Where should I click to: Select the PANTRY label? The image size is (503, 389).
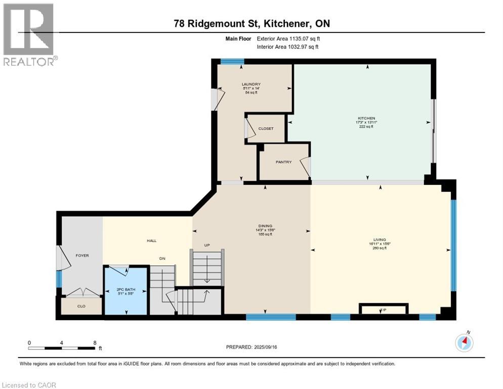pyautogui.click(x=283, y=162)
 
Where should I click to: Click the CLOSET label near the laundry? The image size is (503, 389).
pyautogui.click(x=266, y=129)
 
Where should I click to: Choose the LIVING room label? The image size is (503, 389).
pyautogui.click(x=380, y=240)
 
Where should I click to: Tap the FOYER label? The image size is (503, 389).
pyautogui.click(x=82, y=255)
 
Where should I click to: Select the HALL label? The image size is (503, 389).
pyautogui.click(x=151, y=241)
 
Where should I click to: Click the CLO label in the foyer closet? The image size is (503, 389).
pyautogui.click(x=81, y=306)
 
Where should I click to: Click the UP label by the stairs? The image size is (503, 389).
pyautogui.click(x=206, y=245)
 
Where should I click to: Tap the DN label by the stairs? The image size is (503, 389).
pyautogui.click(x=162, y=258)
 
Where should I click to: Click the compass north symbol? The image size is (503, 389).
pyautogui.click(x=464, y=343)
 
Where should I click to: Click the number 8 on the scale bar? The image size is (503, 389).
pyautogui.click(x=95, y=342)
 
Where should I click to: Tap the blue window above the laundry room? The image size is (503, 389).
pyautogui.click(x=232, y=62)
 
